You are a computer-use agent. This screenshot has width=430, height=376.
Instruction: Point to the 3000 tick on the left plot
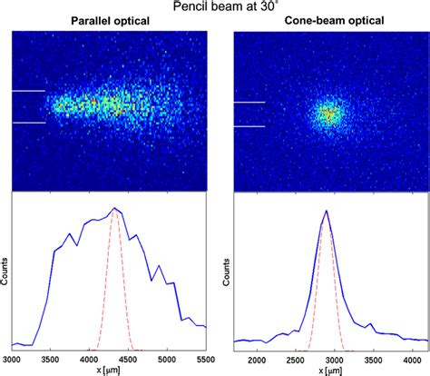point(12,357)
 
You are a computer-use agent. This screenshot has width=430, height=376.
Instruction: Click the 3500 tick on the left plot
point(51,357)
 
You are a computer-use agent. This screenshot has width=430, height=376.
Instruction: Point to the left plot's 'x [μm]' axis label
point(109,368)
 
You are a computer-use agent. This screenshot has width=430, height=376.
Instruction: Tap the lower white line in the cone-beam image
point(249,126)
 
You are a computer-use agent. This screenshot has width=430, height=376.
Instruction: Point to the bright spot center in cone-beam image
point(327,114)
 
